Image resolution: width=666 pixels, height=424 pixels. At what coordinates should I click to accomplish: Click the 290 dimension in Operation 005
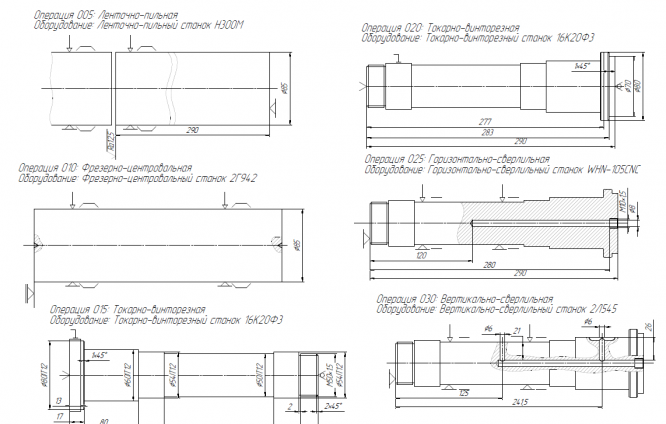coord(192,130)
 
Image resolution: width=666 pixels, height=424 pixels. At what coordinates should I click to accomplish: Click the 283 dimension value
coord(487,132)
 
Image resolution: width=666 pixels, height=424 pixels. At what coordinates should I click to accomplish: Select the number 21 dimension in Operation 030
coord(517,329)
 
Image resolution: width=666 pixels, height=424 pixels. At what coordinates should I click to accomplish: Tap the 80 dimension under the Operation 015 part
coord(104,420)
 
